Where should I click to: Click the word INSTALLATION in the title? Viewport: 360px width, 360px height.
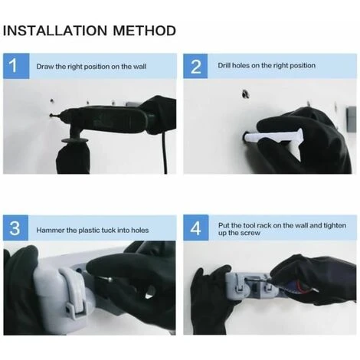click(55, 31)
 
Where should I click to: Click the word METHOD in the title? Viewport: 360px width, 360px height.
click(145, 31)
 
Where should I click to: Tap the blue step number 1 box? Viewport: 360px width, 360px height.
click(16, 66)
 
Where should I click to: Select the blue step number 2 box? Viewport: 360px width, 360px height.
click(195, 66)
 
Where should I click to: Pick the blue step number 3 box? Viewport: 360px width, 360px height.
click(15, 227)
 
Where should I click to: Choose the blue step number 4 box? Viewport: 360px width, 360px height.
click(196, 227)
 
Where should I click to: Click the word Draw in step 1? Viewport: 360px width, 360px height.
click(45, 67)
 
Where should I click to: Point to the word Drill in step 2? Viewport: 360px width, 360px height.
click(224, 66)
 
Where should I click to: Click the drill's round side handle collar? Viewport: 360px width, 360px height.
click(75, 140)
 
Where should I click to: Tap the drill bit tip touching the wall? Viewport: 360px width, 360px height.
click(51, 116)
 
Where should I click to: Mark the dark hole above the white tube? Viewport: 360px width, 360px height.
click(246, 94)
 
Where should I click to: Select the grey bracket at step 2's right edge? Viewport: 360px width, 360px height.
click(351, 119)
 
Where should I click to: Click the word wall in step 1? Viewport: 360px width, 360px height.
click(140, 67)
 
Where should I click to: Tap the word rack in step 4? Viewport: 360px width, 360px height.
click(264, 226)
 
